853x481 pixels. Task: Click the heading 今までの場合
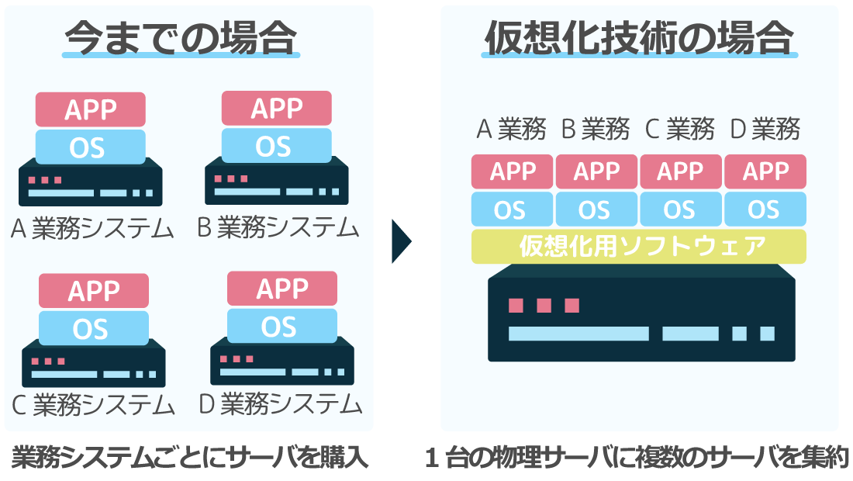pos(181,36)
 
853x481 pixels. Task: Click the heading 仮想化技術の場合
pos(639,36)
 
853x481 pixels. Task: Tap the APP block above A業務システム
pos(91,109)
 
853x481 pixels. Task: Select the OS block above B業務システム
pos(276,146)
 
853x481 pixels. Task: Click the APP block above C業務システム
pos(94,291)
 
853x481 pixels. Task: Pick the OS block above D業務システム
pos(281,326)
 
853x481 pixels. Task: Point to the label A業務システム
pos(92,228)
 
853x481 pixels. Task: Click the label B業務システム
pos(278,227)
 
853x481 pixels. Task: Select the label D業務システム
pos(280,403)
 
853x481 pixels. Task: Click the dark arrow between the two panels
pos(401,241)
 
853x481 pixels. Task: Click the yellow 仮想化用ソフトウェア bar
pos(638,247)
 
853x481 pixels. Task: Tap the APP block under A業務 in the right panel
pos(512,171)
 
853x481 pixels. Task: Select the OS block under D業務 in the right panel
pos(765,209)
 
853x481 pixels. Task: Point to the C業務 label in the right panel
pos(679,129)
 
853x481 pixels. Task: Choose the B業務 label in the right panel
pos(595,129)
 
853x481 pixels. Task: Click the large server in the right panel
pos(641,318)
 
